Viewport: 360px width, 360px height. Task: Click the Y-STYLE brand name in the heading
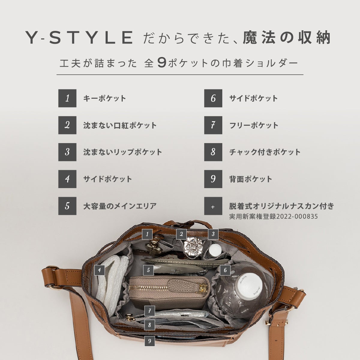79,37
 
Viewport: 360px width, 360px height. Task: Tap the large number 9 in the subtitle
162,63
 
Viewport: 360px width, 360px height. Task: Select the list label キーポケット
105,98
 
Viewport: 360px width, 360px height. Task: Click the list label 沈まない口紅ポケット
120,125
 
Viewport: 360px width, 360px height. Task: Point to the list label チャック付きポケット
265,152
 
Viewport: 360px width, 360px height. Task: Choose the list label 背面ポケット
250,179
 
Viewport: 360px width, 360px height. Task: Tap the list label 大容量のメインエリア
120,206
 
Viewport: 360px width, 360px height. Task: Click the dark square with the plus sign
213,206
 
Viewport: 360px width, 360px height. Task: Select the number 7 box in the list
213,125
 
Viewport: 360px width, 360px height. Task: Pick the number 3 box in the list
67,152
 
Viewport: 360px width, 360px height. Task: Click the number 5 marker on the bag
148,270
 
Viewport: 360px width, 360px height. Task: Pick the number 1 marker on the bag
147,234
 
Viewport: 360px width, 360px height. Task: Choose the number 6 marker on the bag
225,270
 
